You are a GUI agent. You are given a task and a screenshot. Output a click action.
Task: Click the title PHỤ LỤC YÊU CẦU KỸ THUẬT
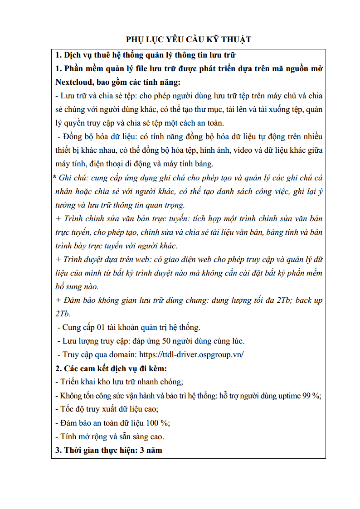(x=188, y=39)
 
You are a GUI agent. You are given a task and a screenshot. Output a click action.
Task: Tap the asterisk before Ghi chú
(x=54, y=178)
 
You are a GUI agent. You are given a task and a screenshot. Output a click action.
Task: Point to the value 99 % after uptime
(x=310, y=396)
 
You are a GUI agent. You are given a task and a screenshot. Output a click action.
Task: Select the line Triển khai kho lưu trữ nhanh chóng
(x=119, y=382)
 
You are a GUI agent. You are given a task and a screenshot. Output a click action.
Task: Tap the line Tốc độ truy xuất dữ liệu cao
(x=106, y=409)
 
